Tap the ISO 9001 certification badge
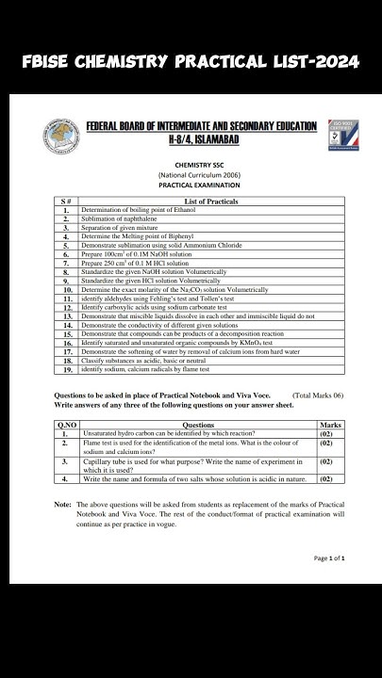pyautogui.click(x=334, y=135)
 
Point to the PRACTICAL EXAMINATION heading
pyautogui.click(x=191, y=186)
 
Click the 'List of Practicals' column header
pyautogui.click(x=211, y=201)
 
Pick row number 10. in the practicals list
pyautogui.click(x=67, y=290)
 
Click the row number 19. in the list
pyautogui.click(x=67, y=369)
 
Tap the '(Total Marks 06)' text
pyautogui.click(x=318, y=396)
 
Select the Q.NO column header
pyautogui.click(x=65, y=425)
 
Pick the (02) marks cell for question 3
pyautogui.click(x=326, y=461)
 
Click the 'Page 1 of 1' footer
pyautogui.click(x=329, y=558)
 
